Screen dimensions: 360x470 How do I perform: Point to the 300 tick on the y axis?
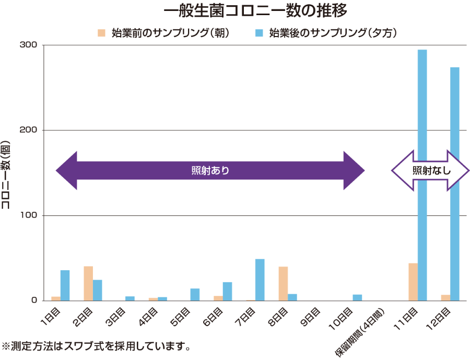pos(28,45)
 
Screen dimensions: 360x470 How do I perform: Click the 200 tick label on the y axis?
pos(28,130)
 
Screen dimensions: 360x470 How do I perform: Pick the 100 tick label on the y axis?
pos(28,215)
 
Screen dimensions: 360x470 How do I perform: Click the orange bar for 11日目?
pos(413,282)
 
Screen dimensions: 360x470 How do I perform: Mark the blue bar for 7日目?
pos(260,280)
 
